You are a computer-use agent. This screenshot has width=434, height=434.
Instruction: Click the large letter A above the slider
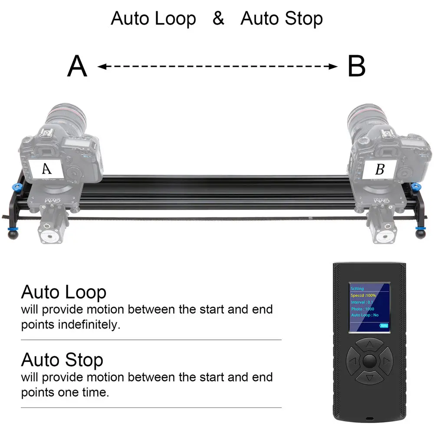77,67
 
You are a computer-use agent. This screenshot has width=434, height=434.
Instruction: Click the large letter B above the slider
356,67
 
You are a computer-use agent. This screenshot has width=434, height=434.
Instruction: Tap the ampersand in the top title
218,19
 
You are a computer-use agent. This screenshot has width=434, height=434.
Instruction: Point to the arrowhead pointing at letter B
333,66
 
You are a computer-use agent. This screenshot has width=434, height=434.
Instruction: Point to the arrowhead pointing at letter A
102,66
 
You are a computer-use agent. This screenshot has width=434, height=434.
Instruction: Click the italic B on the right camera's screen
379,170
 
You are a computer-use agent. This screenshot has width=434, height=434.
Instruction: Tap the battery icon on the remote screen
384,325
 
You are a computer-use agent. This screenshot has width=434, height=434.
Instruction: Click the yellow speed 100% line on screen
364,295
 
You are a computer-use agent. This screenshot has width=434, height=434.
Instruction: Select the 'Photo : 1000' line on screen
363,309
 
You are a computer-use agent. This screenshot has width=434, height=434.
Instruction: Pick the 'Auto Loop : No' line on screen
365,315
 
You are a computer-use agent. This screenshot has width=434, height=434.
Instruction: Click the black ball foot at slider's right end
421,234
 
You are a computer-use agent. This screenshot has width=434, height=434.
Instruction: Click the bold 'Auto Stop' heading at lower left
62,360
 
